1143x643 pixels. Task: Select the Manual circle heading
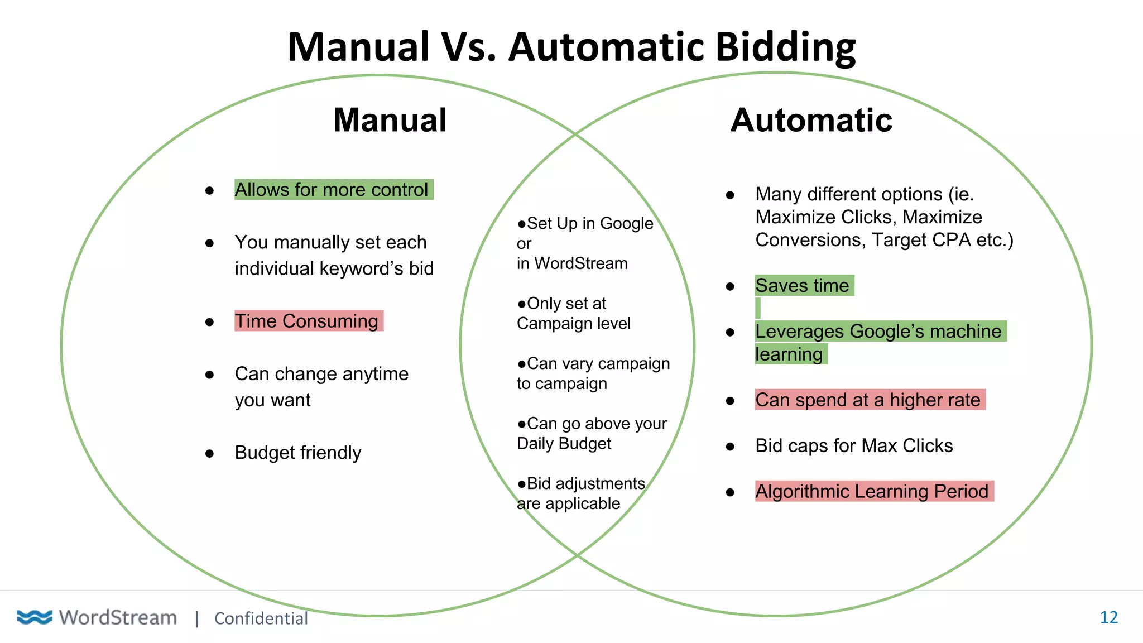[x=390, y=120]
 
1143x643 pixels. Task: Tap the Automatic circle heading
[x=811, y=120]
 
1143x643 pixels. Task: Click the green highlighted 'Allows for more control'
[x=332, y=190]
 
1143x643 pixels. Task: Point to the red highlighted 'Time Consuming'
[x=306, y=321]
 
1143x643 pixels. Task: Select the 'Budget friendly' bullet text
[x=297, y=452]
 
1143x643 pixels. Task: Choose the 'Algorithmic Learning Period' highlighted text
[x=871, y=491]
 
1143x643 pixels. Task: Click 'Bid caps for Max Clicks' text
[x=853, y=445]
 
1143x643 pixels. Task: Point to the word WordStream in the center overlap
[x=580, y=263]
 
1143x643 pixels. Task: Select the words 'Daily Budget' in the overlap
[x=564, y=444]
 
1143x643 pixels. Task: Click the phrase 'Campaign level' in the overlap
[x=573, y=324]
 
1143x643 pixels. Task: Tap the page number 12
[x=1108, y=617]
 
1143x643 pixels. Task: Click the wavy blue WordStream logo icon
[x=34, y=617]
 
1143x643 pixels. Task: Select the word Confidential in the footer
[x=261, y=618]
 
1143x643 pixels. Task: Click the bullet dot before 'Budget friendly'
[x=209, y=454]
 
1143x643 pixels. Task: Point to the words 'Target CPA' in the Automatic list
[x=921, y=240]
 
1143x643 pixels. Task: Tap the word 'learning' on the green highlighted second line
[x=789, y=354]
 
